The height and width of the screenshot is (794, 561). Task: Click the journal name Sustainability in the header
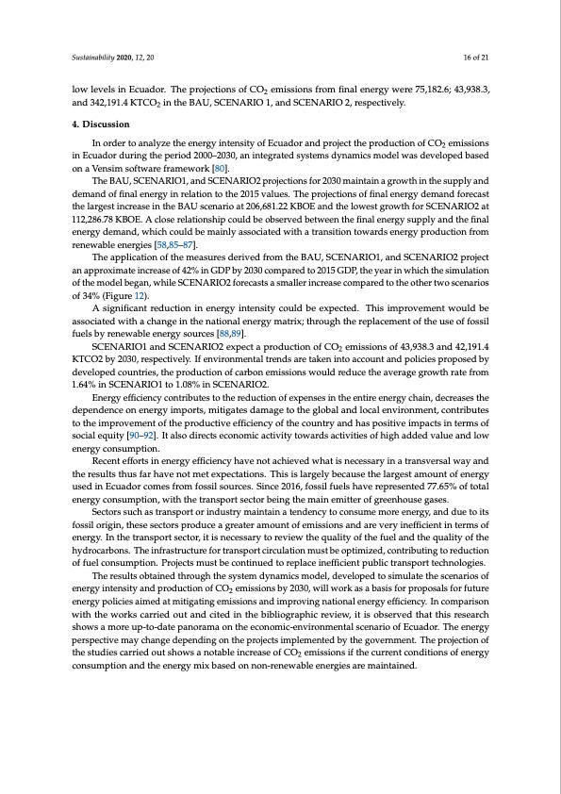point(92,57)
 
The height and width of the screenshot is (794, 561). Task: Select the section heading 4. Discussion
point(101,124)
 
